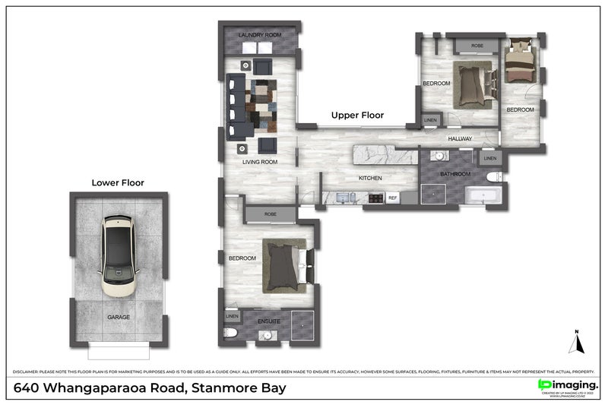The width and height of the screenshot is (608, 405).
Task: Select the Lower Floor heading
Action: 118,182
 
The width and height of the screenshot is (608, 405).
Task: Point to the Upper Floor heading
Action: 357,115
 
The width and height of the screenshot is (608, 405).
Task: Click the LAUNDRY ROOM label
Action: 260,36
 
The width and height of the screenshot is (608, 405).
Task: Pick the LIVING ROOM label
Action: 260,162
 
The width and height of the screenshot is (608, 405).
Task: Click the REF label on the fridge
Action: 393,198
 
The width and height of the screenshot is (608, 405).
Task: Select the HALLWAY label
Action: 460,139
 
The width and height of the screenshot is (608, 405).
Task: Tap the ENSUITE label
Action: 270,322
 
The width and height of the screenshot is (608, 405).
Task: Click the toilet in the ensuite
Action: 231,334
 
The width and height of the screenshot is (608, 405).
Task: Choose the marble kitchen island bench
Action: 385,153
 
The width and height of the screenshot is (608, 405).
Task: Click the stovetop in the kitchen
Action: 375,198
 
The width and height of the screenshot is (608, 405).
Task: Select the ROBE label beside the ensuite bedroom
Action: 270,215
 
